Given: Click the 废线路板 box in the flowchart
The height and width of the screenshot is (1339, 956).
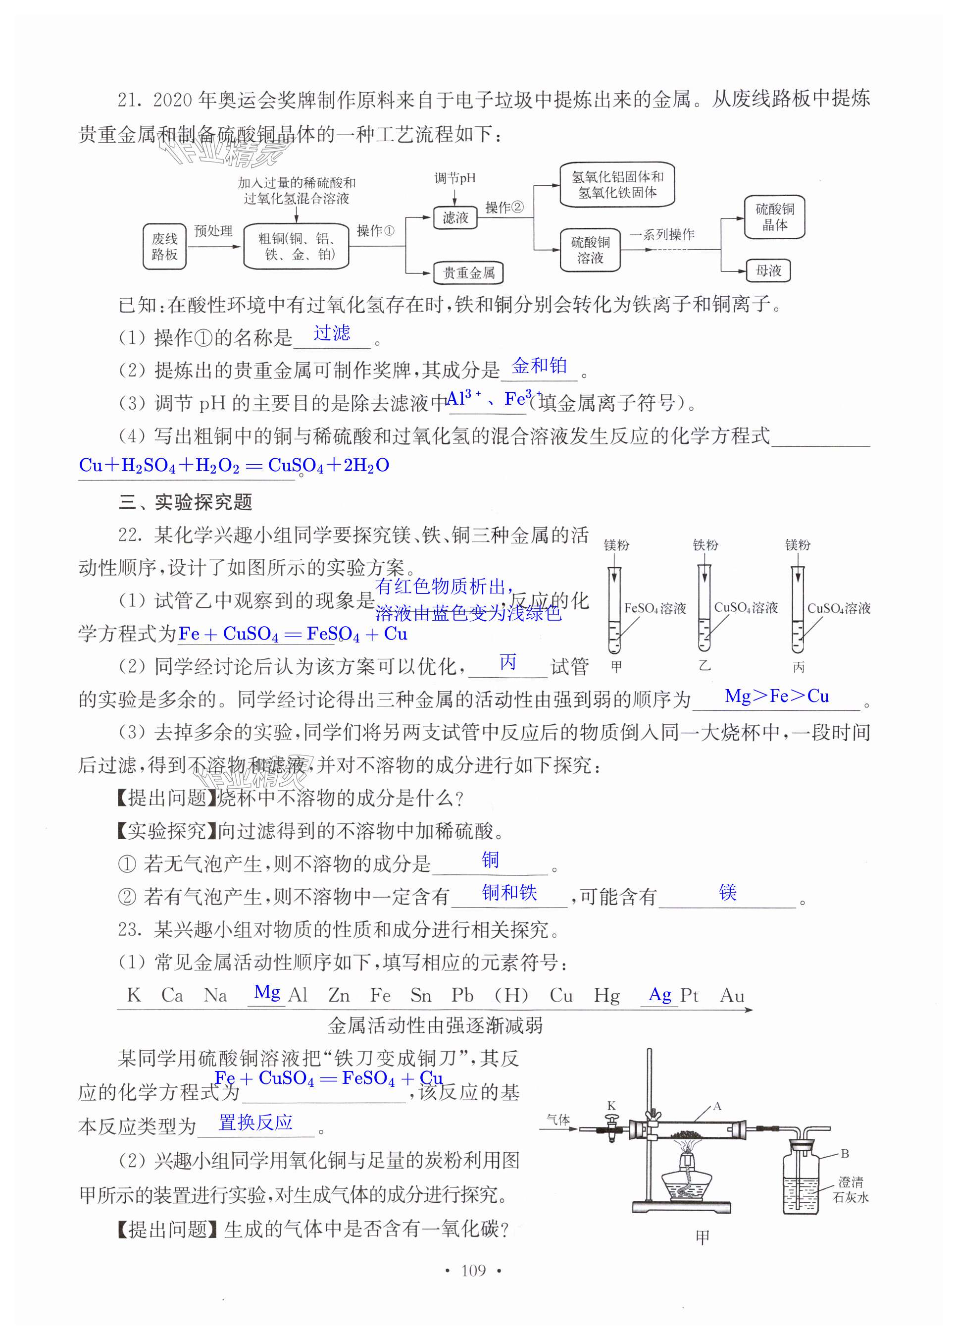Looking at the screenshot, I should [x=164, y=247].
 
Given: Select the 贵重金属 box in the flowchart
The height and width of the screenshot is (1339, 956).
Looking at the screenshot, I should [x=468, y=273].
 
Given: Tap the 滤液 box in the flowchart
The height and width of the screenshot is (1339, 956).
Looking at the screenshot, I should [x=455, y=218].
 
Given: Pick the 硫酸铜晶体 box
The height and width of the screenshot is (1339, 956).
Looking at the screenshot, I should [x=774, y=217].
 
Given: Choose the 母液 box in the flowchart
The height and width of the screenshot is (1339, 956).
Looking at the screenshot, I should [x=768, y=271].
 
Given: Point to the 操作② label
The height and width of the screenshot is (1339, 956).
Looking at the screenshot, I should [x=504, y=208].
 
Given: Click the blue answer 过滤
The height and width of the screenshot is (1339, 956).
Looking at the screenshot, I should [x=331, y=333].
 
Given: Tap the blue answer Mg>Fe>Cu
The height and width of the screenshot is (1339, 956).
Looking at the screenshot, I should [x=776, y=696].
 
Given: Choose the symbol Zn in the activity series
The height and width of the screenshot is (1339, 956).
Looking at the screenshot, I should [x=339, y=996].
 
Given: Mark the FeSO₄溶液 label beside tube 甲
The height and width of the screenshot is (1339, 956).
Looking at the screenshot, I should [x=654, y=608].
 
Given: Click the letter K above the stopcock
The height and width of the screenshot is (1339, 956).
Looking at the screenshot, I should [x=611, y=1106].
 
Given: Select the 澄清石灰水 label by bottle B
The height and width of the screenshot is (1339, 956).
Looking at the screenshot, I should [x=851, y=1189].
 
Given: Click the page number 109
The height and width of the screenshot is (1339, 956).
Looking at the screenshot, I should [x=473, y=1270].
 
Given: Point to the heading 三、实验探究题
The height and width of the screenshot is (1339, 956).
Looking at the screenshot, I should [x=186, y=502].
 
